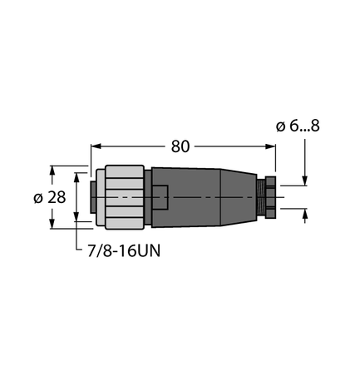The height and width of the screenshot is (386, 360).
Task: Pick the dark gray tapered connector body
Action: click(x=208, y=197)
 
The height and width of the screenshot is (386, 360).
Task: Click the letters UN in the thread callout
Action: click(x=150, y=249)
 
